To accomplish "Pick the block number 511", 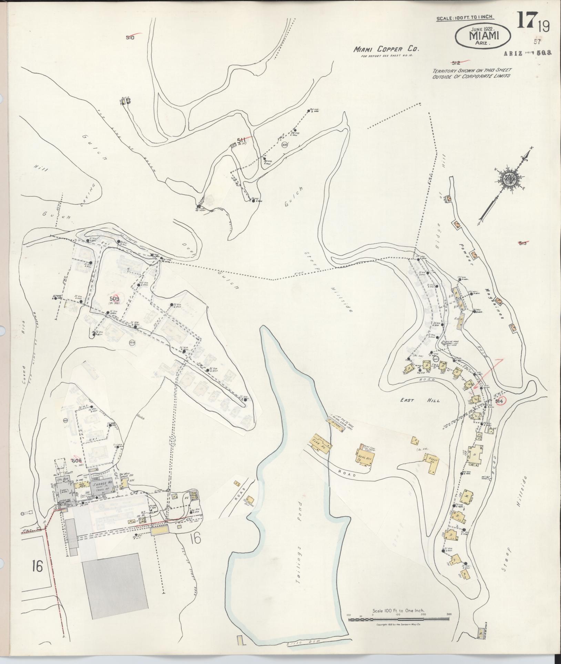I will coord(241,140).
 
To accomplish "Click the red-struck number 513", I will coord(523,243).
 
